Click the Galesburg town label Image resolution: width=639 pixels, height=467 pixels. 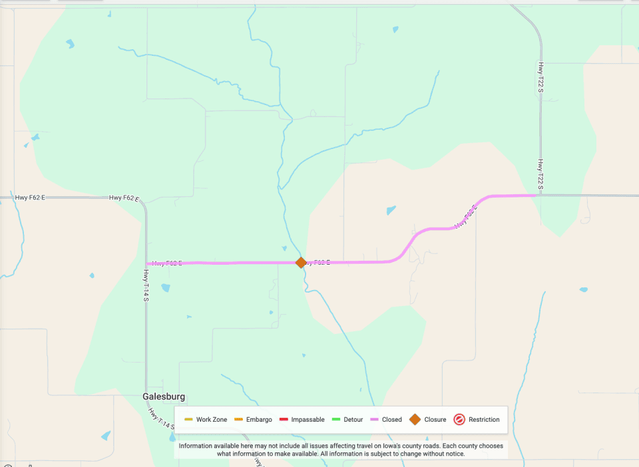(x=164, y=396)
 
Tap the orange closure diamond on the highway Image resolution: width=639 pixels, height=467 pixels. (x=301, y=262)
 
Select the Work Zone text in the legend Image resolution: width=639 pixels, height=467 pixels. (x=212, y=420)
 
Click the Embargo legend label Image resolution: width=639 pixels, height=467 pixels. (x=259, y=420)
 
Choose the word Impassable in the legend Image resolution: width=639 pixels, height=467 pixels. (x=308, y=420)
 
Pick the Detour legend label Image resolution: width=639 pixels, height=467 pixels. (x=353, y=420)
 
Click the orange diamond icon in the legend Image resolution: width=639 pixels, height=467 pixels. (x=415, y=419)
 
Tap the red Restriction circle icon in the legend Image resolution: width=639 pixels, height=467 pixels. (x=459, y=419)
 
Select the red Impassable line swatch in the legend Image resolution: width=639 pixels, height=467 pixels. (x=284, y=420)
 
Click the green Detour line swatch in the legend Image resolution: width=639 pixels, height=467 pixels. (x=336, y=420)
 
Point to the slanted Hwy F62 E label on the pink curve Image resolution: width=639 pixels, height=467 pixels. (x=467, y=217)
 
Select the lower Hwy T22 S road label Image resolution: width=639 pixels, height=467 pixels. (x=540, y=175)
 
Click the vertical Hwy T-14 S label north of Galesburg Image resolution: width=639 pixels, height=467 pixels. (x=145, y=285)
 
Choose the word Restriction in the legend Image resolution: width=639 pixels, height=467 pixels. (x=484, y=420)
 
